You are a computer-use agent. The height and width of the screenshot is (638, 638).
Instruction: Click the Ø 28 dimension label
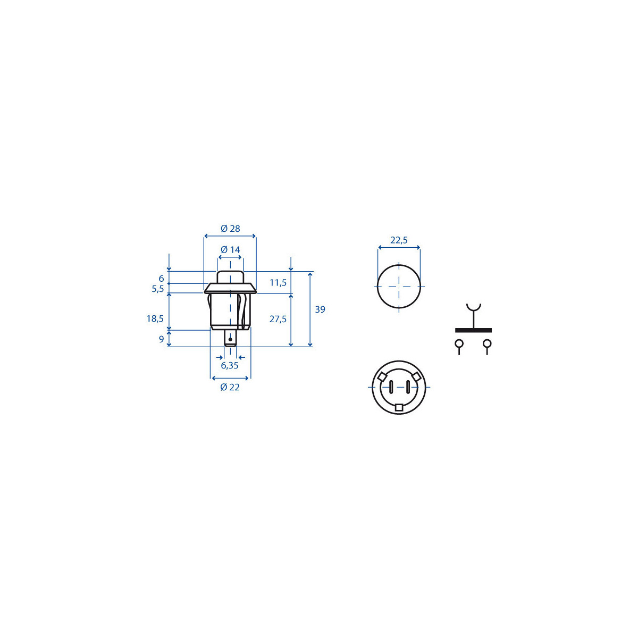[230, 229]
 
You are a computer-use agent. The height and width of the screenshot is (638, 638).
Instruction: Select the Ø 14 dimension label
[230, 250]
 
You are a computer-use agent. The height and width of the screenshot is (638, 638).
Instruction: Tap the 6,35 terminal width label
[230, 365]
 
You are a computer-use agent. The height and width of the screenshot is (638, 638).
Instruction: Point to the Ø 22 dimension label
[230, 387]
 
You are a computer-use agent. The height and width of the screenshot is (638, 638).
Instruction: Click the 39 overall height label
[320, 309]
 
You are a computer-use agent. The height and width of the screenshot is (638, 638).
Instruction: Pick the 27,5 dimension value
[278, 319]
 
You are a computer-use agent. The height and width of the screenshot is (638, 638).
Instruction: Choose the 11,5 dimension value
[278, 282]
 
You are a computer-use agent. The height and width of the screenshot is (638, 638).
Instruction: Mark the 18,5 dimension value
[155, 318]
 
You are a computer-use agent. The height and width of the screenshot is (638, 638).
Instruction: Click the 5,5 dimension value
[157, 289]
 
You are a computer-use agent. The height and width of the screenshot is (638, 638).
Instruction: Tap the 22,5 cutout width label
[399, 240]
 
